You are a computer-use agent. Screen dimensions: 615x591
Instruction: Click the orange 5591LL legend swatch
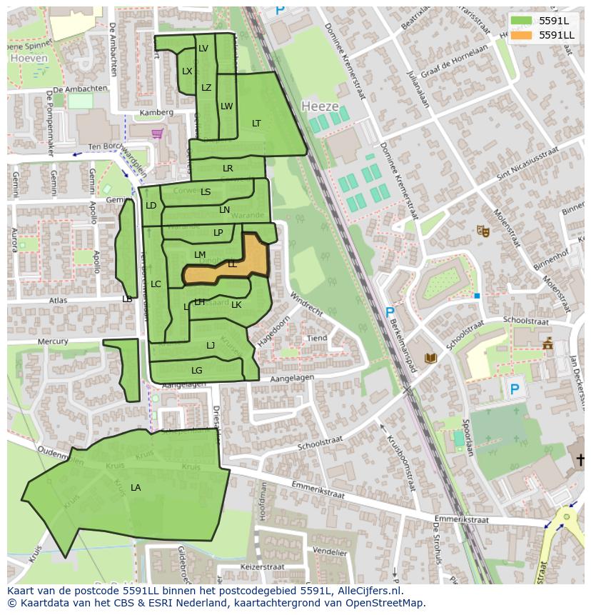click(x=522, y=35)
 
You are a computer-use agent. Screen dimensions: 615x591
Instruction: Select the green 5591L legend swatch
click(x=522, y=20)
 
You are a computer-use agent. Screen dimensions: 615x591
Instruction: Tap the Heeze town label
click(x=320, y=106)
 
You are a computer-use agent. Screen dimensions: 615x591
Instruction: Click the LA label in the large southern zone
click(x=136, y=488)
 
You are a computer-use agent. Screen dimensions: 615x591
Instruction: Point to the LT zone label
click(x=256, y=124)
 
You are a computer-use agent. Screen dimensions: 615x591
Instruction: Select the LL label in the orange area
click(x=232, y=264)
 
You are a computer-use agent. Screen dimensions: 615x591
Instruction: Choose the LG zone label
click(x=197, y=371)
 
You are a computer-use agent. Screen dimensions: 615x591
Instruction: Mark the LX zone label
click(x=187, y=71)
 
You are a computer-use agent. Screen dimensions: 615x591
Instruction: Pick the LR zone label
click(x=228, y=169)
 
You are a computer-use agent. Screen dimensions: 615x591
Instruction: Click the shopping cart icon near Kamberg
click(x=157, y=134)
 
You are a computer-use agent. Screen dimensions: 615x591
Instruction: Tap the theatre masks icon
click(x=483, y=231)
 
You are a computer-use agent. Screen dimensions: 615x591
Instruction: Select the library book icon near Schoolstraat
click(x=430, y=358)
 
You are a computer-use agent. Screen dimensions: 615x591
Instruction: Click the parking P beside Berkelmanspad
click(x=390, y=312)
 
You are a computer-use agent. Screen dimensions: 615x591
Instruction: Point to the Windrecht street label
click(x=306, y=303)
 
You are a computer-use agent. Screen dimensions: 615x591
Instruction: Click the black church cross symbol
click(x=581, y=459)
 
